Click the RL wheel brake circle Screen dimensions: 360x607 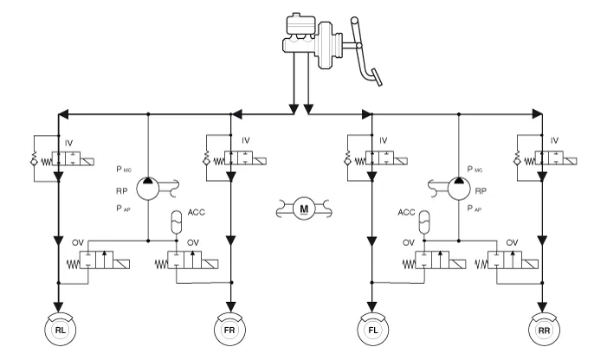click(59, 331)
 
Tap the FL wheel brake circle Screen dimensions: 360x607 click(372, 331)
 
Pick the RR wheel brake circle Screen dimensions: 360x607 click(543, 331)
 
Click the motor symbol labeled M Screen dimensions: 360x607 click(303, 208)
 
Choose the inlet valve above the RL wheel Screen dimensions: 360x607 click(65, 159)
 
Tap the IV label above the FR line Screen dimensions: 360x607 click(245, 140)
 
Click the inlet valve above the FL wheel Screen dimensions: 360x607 click(379, 159)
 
